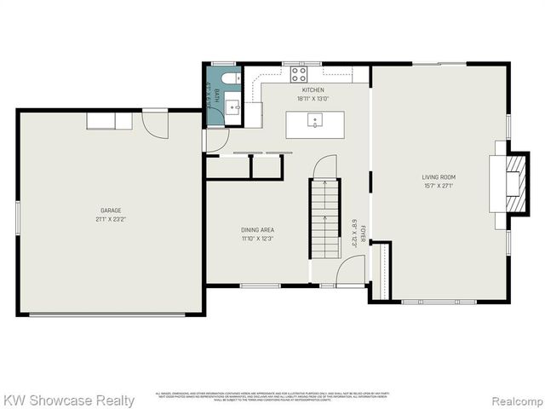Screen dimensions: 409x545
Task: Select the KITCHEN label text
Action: (313, 90)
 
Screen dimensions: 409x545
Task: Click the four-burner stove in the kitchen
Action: (299, 74)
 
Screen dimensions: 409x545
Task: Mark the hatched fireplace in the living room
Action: (516, 184)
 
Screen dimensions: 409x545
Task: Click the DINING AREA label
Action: (256, 230)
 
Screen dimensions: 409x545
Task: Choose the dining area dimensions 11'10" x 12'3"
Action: (256, 239)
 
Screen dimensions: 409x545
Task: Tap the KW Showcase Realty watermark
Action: (68, 400)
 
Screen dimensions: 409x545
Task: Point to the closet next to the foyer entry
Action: (381, 271)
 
